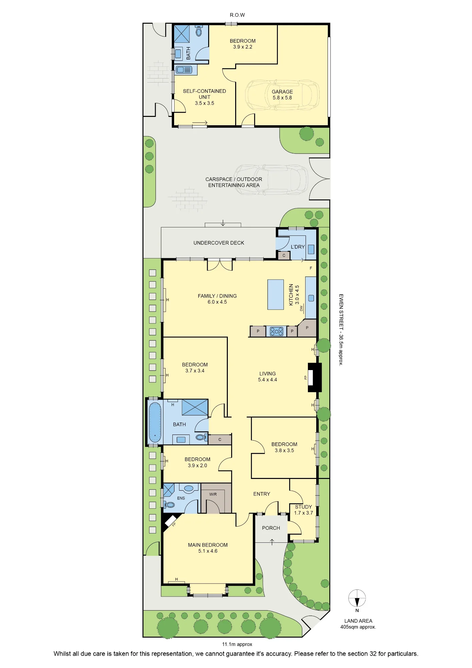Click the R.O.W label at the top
tap(237, 15)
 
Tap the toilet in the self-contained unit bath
tap(199, 31)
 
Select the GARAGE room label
tap(282, 92)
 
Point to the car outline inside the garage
tap(282, 95)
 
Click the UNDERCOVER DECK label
tap(219, 243)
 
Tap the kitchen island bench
tap(276, 295)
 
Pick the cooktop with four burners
tap(277, 331)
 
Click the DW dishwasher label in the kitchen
tap(301, 308)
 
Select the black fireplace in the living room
tap(315, 377)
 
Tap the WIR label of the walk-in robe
tap(213, 494)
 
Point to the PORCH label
tap(271, 528)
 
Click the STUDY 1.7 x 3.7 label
tap(304, 510)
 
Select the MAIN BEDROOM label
tap(208, 545)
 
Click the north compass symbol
tap(357, 598)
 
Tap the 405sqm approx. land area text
tap(358, 627)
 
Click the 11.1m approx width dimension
tap(237, 644)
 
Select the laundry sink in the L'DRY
tap(311, 249)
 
